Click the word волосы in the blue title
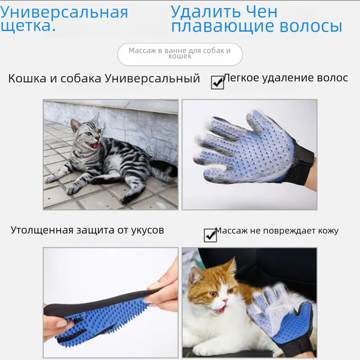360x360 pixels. (x=311, y=26)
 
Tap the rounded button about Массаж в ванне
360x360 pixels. (x=180, y=54)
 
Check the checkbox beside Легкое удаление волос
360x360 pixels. (x=217, y=82)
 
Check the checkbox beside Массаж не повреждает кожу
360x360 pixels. (x=210, y=235)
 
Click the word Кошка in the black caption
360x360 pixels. (x=27, y=78)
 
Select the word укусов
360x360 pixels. (x=148, y=230)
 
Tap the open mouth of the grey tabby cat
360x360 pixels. (x=95, y=145)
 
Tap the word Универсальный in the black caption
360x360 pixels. (x=152, y=78)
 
